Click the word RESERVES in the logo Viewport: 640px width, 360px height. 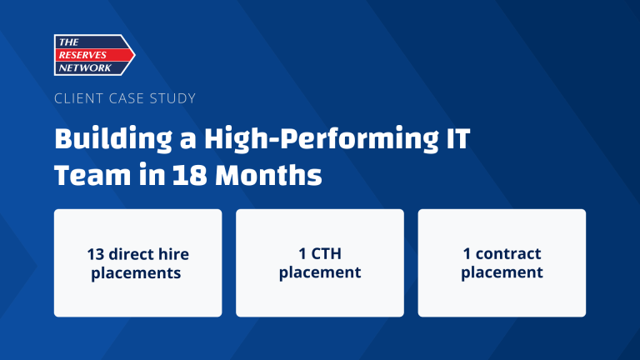[87, 54]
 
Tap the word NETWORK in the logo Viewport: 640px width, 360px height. [83, 67]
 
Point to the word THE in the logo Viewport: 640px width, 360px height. [67, 42]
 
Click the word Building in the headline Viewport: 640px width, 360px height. [105, 137]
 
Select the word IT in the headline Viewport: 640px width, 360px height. [455, 137]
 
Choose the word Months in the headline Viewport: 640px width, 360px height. [268, 176]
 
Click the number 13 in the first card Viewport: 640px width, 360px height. [96, 254]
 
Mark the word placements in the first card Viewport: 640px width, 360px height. [137, 272]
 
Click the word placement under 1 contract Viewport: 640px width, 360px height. [502, 272]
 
